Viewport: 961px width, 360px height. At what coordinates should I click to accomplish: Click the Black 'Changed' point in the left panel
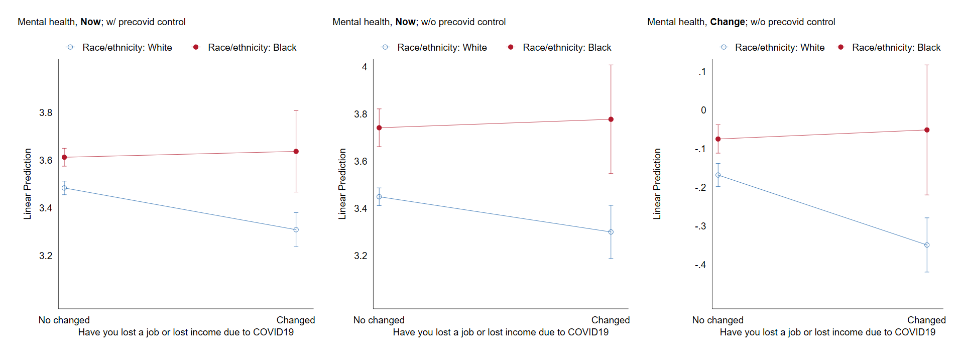coord(296,152)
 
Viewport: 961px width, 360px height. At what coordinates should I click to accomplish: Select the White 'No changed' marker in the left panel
coord(64,188)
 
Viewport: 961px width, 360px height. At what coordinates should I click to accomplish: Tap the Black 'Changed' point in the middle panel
coord(611,119)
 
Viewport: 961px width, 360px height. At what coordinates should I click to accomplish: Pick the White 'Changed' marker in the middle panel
coord(611,232)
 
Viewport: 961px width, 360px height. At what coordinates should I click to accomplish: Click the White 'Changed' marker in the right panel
coord(927,245)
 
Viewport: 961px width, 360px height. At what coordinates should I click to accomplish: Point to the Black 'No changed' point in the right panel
coord(718,139)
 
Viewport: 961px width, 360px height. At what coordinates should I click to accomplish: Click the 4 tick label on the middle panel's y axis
coord(365,67)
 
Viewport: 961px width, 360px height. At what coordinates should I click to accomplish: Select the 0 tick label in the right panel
coord(703,110)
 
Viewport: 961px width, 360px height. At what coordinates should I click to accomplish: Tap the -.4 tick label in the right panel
coord(700,265)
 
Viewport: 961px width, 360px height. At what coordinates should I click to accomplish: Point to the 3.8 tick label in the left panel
coord(46,113)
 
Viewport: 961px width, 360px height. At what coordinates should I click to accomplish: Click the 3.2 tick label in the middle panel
coord(361,256)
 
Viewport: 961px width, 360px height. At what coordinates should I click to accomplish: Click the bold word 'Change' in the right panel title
coord(727,22)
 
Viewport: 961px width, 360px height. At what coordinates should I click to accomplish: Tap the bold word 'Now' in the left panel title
coord(90,22)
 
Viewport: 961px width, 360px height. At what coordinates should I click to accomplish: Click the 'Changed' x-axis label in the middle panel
coord(610,320)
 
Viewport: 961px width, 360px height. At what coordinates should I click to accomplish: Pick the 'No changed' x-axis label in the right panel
coord(717,320)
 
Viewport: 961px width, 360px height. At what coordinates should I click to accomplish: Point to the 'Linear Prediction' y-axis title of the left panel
coord(28,184)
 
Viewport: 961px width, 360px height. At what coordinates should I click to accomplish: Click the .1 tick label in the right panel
coord(702,72)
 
